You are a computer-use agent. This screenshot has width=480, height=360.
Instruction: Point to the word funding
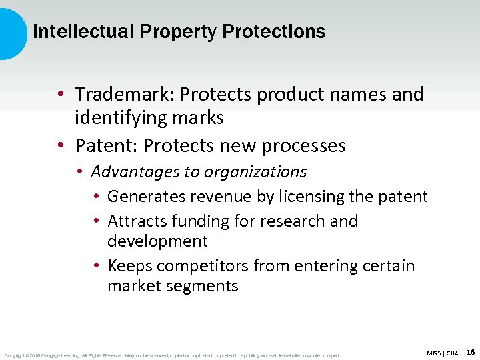(x=199, y=221)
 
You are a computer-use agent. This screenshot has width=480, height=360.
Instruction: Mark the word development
(x=157, y=241)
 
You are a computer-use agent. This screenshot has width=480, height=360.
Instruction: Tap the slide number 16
(x=471, y=351)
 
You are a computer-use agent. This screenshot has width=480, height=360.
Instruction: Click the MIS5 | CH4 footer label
(x=442, y=353)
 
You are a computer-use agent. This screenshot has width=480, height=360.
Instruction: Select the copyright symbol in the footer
(x=26, y=355)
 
